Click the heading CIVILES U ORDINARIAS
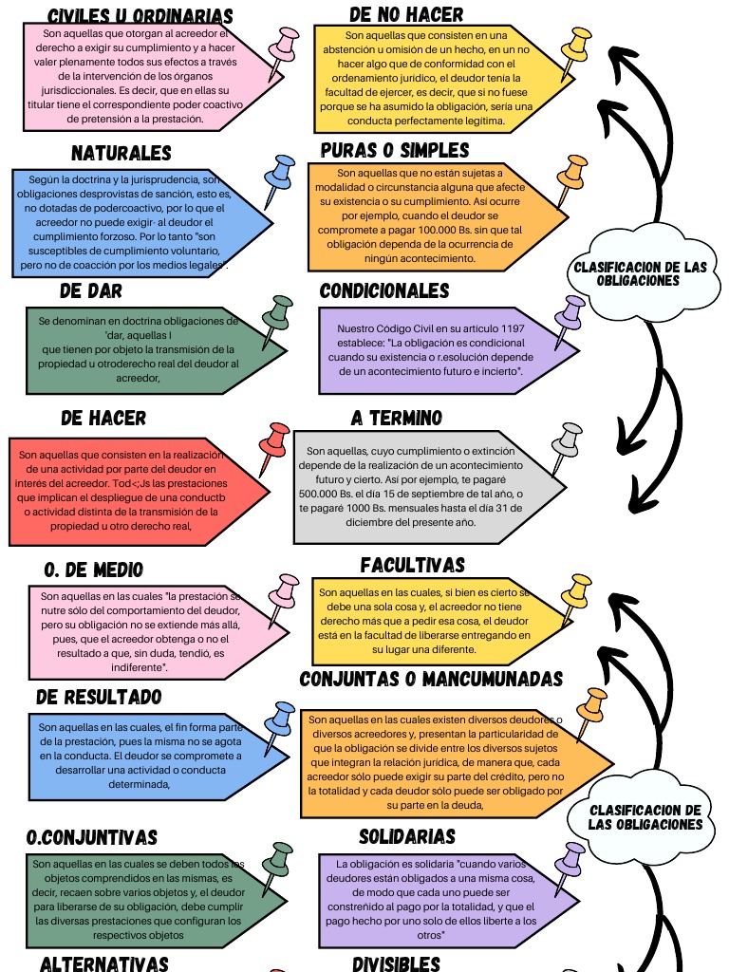click(x=140, y=15)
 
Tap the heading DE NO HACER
click(x=406, y=14)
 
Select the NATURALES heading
click(x=121, y=153)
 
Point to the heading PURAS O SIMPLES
click(x=395, y=150)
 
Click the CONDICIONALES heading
click(x=384, y=290)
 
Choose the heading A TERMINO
click(x=397, y=418)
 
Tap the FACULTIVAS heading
click(x=413, y=565)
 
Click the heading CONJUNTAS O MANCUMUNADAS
click(x=431, y=679)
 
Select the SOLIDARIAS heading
click(x=407, y=836)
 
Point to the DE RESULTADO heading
click(x=99, y=697)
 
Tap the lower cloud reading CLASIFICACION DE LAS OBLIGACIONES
click(x=645, y=817)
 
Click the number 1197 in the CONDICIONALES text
click(x=512, y=328)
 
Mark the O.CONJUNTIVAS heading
click(x=92, y=837)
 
